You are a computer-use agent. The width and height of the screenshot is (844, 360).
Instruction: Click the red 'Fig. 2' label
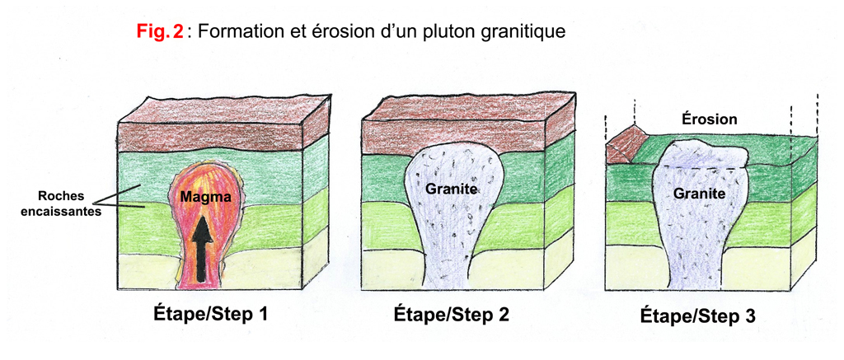(x=159, y=33)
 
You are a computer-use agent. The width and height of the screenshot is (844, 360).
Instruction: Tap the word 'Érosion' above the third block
(x=709, y=119)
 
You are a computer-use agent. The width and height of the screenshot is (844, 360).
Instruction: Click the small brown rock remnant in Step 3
(x=627, y=147)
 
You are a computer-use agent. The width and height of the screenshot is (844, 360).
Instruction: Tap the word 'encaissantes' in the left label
(x=73, y=210)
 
